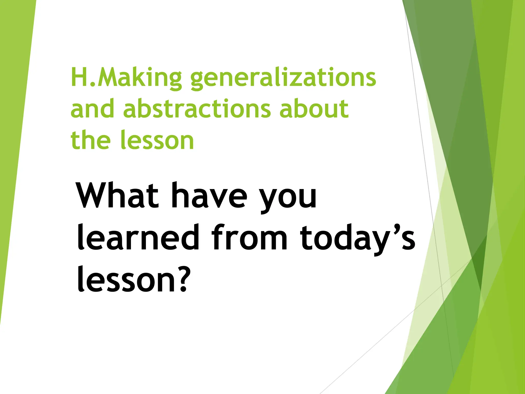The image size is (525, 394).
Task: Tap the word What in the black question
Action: pyautogui.click(x=118, y=195)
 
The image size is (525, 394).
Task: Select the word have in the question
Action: pyautogui.click(x=209, y=195)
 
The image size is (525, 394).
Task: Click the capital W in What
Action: pyautogui.click(x=96, y=195)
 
